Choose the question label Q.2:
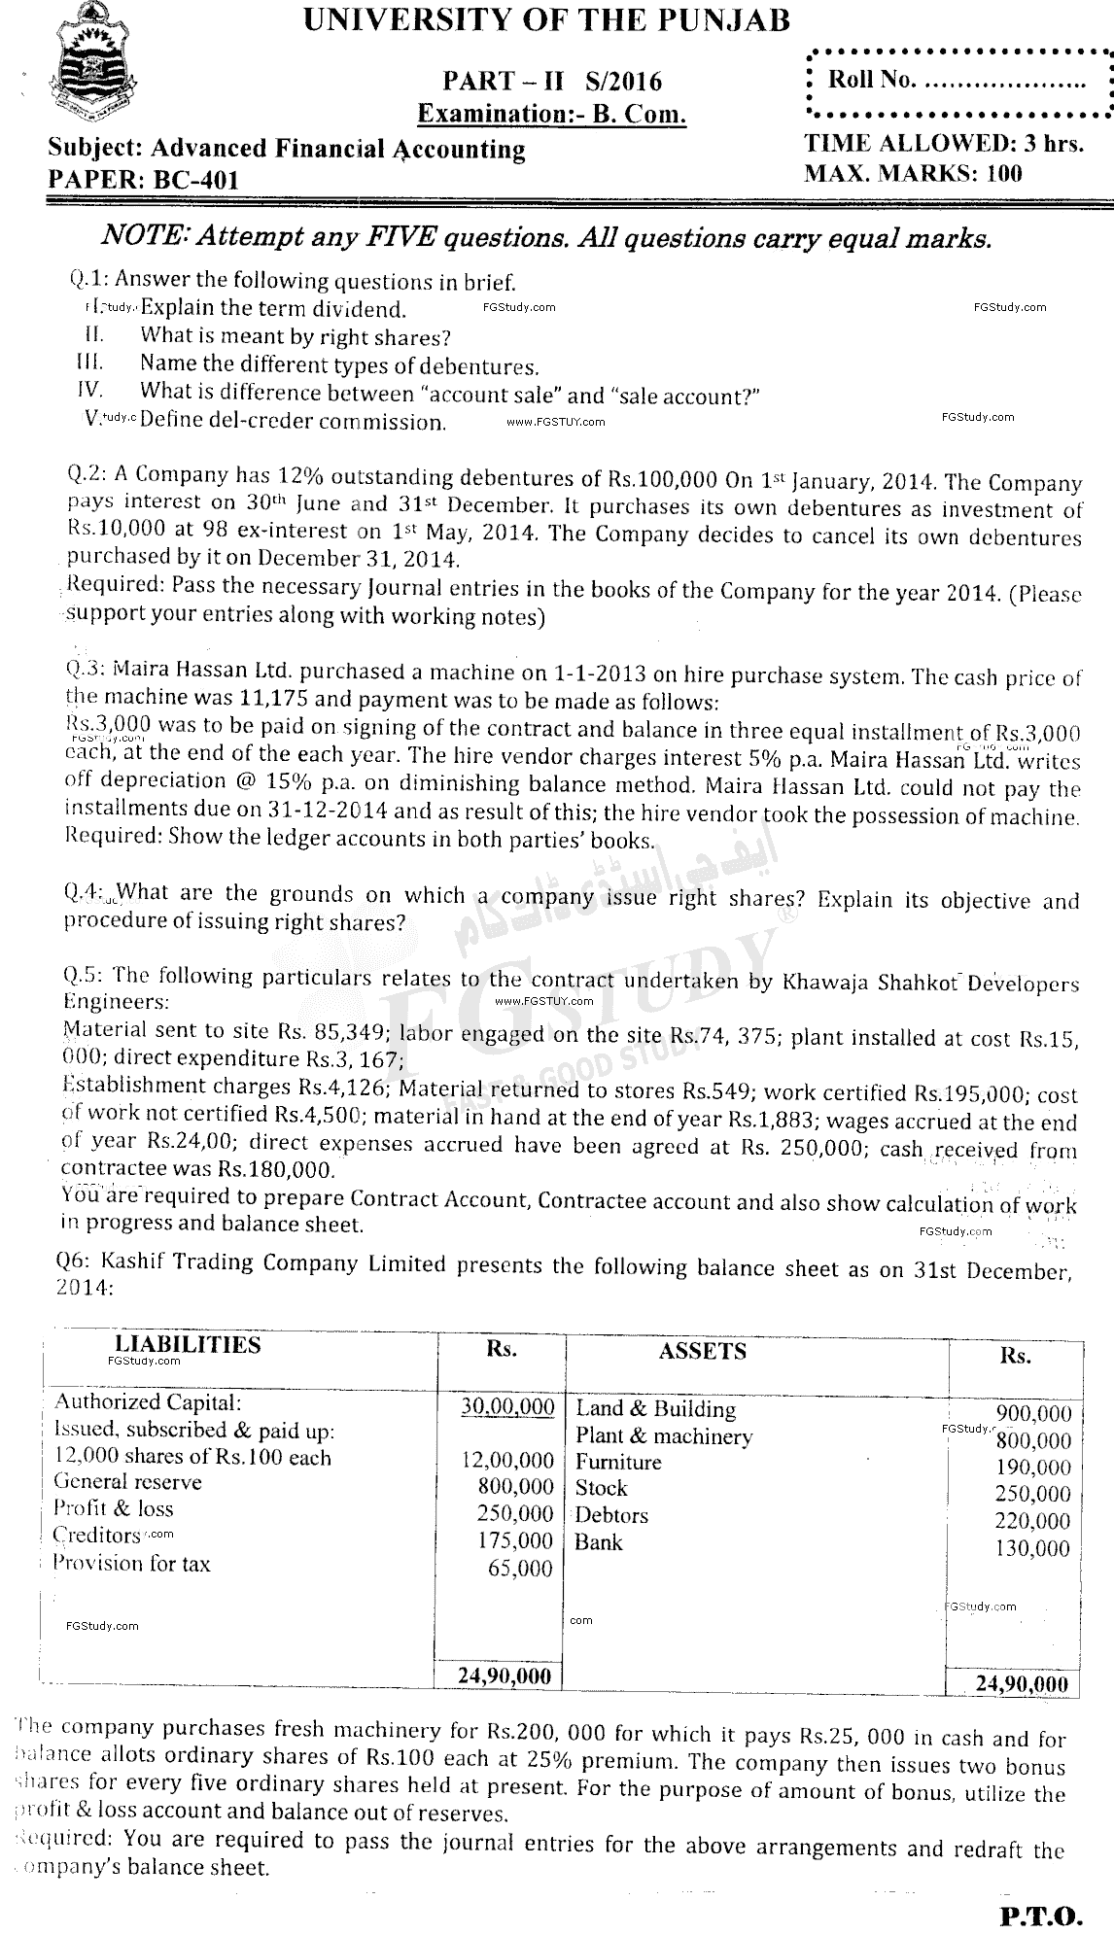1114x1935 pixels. coord(87,476)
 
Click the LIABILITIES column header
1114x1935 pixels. coord(188,1345)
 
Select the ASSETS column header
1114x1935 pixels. coord(702,1351)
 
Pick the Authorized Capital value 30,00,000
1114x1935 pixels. coord(508,1407)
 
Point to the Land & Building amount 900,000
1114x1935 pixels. coord(1033,1413)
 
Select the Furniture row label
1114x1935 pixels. coord(618,1462)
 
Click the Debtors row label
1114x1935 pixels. coord(611,1515)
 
